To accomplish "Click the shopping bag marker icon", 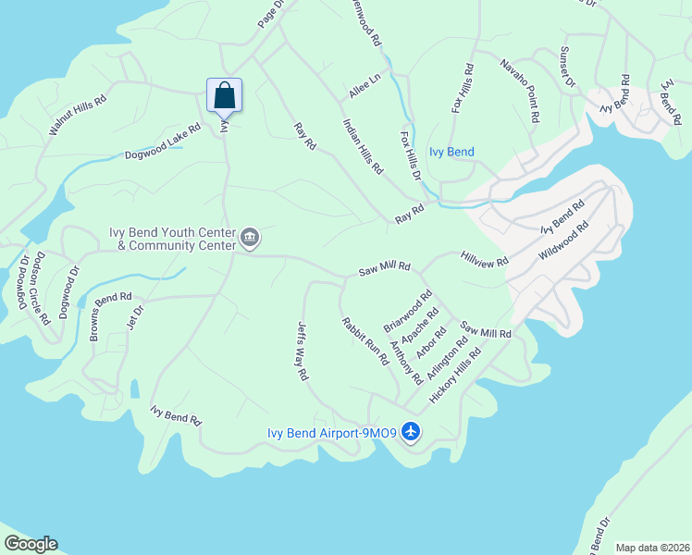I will click(x=224, y=94).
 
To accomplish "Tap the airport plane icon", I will click(x=412, y=432).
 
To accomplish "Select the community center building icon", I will click(x=249, y=239).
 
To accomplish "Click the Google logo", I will click(x=31, y=544).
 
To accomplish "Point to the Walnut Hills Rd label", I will click(x=78, y=116).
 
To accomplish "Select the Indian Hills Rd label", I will click(x=363, y=146).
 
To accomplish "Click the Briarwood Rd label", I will click(x=408, y=313).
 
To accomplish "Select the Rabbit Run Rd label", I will click(x=365, y=341).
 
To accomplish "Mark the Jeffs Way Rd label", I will click(x=302, y=351).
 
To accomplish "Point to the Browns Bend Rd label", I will click(x=111, y=316).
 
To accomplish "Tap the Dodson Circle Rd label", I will click(x=39, y=288).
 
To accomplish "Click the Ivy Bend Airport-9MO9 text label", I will click(x=332, y=432).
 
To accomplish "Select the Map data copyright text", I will click(x=651, y=548).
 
